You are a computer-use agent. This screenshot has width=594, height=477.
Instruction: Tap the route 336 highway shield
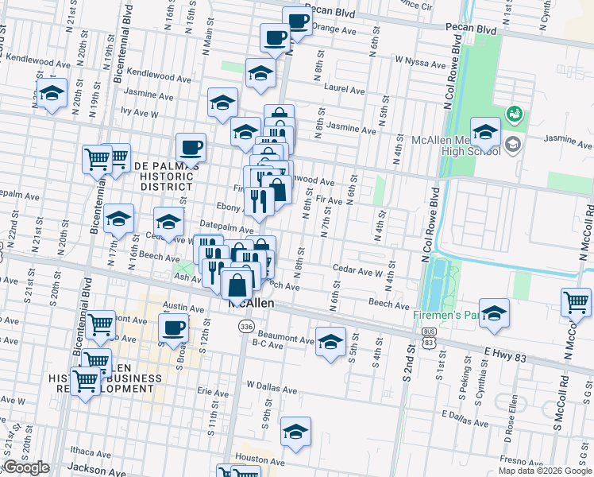click(247, 328)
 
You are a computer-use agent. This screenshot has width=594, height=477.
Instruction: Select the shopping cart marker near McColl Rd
click(576, 301)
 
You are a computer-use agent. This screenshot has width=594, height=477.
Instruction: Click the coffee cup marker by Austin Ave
click(173, 326)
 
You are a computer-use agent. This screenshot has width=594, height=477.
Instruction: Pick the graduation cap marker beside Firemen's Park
click(494, 312)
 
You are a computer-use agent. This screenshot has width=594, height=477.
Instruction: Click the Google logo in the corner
click(25, 468)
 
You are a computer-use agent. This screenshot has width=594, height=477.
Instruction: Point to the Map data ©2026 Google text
click(545, 471)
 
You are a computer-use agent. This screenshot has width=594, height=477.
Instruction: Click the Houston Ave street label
click(260, 460)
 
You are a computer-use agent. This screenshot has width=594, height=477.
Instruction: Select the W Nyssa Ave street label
click(421, 60)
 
